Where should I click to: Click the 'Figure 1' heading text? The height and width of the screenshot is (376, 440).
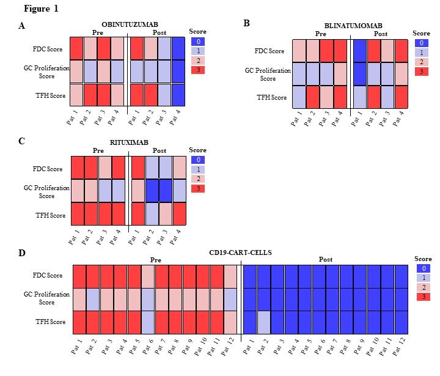click(x=42, y=9)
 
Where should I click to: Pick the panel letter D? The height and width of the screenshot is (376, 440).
click(x=21, y=252)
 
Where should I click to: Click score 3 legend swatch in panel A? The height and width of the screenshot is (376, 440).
click(x=197, y=70)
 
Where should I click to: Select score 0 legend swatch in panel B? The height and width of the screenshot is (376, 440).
click(x=421, y=43)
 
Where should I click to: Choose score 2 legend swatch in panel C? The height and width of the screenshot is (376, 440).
click(x=197, y=179)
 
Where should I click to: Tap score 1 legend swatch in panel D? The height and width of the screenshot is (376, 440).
click(x=420, y=277)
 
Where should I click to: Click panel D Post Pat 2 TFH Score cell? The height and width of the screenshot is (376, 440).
click(x=264, y=322)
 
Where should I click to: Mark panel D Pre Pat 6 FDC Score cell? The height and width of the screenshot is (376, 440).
click(x=148, y=276)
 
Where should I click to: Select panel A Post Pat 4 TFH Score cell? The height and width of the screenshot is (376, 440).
click(x=178, y=95)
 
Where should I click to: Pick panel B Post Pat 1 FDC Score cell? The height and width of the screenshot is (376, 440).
click(x=360, y=51)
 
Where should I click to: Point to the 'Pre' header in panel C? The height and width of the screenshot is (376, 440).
click(x=98, y=150)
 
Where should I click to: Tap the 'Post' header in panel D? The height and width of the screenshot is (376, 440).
click(x=326, y=259)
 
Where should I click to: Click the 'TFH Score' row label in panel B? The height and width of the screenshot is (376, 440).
click(x=271, y=97)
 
